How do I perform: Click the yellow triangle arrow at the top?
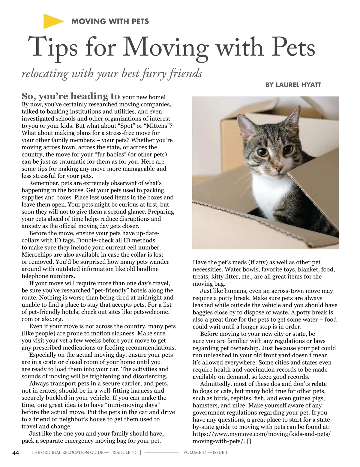52,21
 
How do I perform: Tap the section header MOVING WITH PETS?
110,21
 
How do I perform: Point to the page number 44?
16,453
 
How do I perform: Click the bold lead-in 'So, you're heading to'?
71,96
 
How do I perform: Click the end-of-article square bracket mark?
249,441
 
